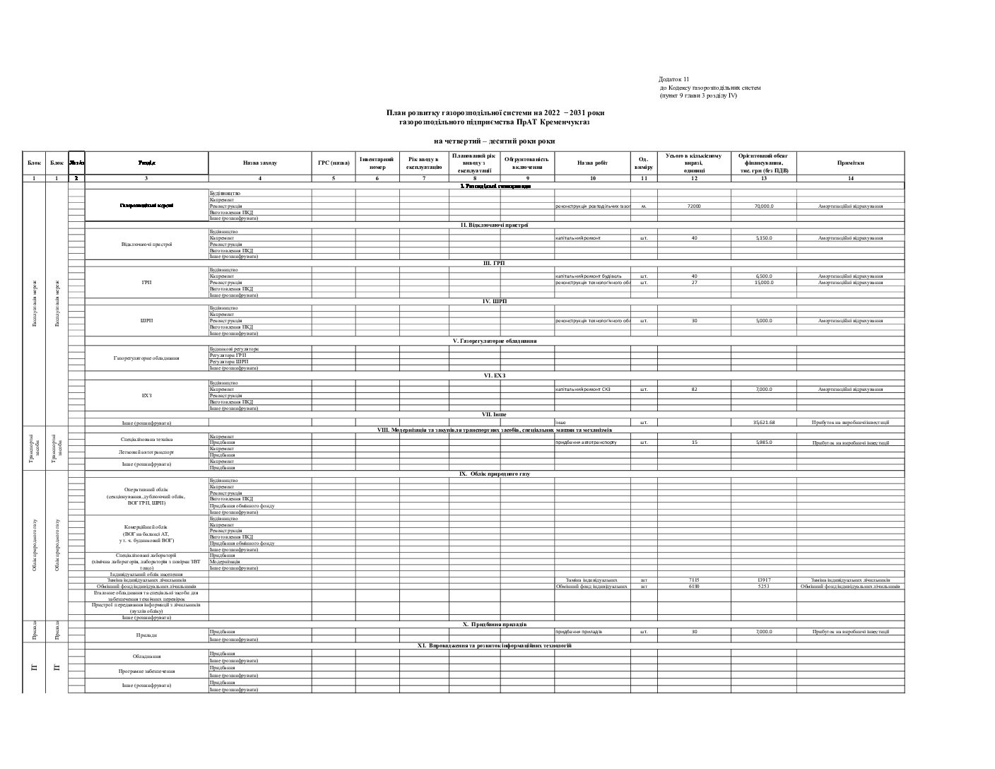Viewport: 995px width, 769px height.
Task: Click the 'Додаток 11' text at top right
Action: [673, 79]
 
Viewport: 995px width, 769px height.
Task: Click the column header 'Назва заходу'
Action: [259, 163]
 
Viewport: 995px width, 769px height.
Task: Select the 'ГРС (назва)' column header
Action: [334, 163]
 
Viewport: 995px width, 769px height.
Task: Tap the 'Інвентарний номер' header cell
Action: [377, 163]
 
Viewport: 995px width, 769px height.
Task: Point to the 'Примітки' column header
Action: [850, 163]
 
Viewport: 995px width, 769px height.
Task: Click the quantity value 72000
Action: [694, 206]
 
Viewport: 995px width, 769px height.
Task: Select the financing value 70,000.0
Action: [763, 206]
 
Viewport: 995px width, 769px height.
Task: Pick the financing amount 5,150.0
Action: [763, 238]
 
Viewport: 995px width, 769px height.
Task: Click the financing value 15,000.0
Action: [763, 283]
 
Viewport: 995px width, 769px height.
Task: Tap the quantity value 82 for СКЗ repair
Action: [694, 389]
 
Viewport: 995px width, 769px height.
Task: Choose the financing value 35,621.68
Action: [763, 423]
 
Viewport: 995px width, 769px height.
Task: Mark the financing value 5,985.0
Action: [763, 442]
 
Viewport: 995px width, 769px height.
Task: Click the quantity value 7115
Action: [694, 580]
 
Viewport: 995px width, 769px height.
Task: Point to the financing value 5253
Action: [763, 586]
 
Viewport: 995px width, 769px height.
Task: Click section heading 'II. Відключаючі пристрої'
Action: [494, 225]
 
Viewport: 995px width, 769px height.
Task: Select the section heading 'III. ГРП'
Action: [494, 263]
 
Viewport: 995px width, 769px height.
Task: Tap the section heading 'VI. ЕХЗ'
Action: [494, 376]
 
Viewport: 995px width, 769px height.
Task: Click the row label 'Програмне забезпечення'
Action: [146, 671]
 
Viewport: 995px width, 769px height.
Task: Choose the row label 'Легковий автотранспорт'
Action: [146, 451]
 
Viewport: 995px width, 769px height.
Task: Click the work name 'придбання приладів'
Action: [579, 631]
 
